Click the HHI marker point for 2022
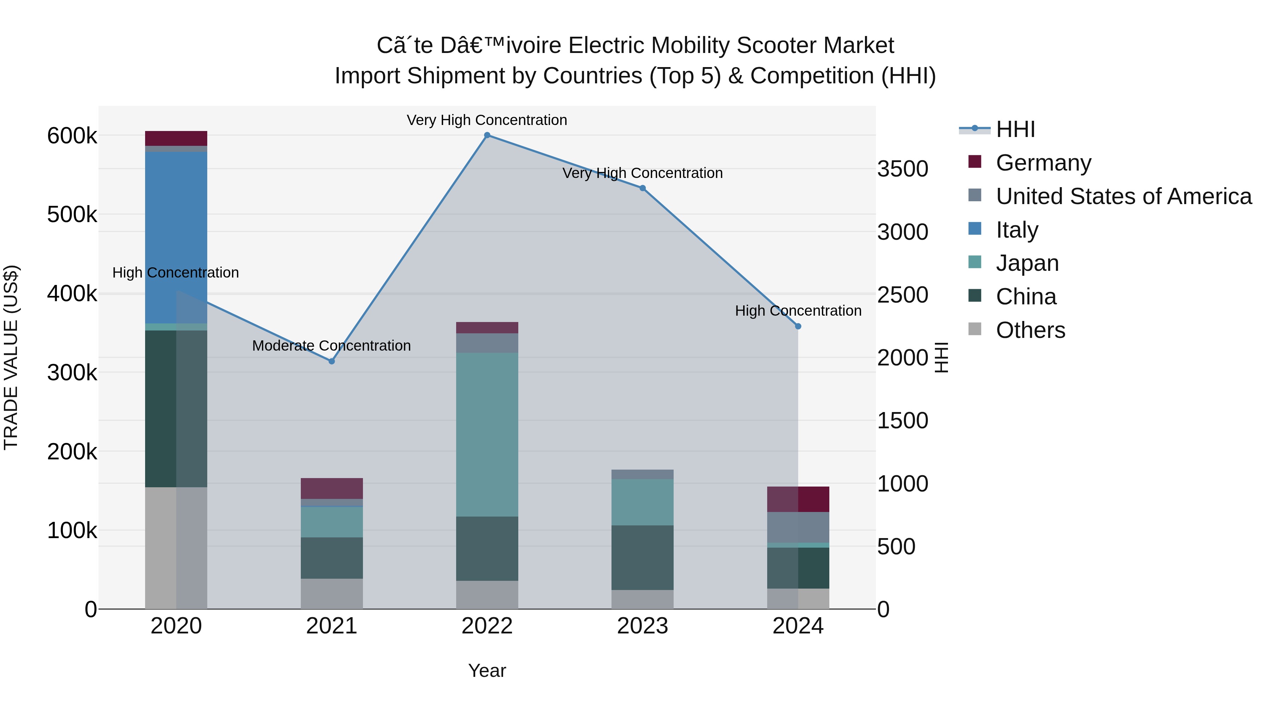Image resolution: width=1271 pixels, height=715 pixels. point(487,135)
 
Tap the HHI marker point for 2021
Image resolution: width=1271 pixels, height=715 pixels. point(332,361)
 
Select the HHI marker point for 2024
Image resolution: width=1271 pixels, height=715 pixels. point(798,326)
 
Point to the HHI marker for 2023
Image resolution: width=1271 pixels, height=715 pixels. point(643,188)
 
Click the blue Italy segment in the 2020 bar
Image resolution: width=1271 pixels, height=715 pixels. point(176,237)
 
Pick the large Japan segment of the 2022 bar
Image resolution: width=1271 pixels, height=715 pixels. point(487,434)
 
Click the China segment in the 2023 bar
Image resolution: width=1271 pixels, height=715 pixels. point(643,558)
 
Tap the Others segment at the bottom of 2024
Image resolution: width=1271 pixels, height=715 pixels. point(798,598)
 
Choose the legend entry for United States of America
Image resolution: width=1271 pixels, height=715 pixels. point(1123,196)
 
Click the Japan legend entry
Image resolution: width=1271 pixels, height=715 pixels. point(1027,263)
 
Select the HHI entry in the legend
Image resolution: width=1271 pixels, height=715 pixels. point(1015,129)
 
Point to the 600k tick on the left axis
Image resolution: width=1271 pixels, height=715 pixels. point(72,136)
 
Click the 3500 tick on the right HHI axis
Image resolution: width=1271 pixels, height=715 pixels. point(902,169)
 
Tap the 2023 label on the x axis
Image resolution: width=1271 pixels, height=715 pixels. point(643,626)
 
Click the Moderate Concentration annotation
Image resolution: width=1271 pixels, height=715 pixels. point(332,345)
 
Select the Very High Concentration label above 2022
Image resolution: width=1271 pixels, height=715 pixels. point(487,120)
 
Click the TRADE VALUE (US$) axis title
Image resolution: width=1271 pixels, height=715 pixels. point(11,357)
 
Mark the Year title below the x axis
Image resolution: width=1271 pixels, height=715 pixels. point(487,671)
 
